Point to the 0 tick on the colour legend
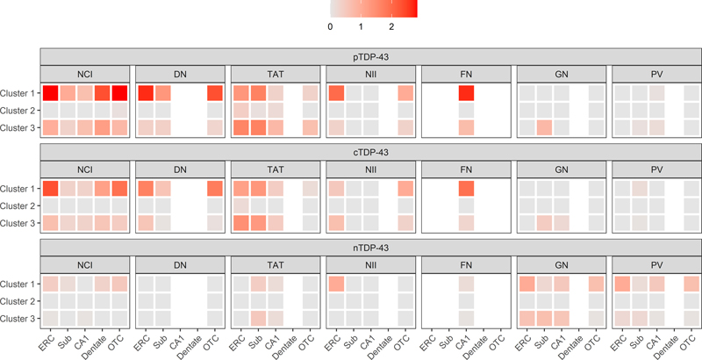coord(331,27)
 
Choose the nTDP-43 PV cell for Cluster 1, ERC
coord(622,283)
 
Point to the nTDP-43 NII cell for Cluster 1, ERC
coord(336,283)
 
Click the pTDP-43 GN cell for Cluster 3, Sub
coord(545,127)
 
